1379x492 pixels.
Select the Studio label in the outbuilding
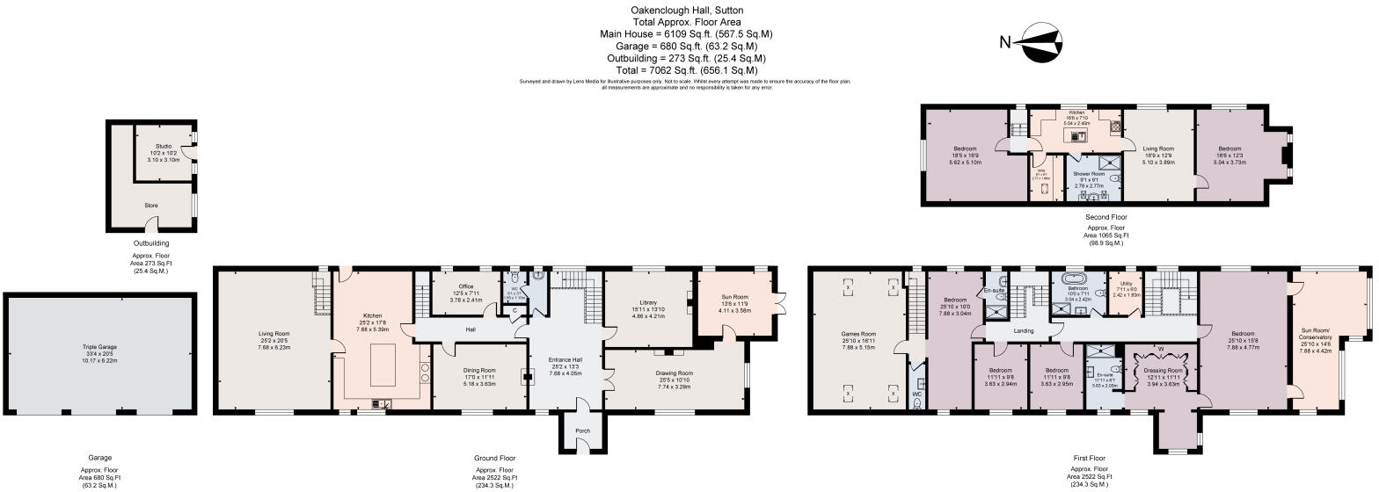click(x=164, y=147)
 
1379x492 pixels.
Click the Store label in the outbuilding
click(x=151, y=206)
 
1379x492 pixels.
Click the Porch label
click(x=581, y=430)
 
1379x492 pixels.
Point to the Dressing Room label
click(x=1162, y=370)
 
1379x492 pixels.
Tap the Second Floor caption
click(x=1106, y=216)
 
